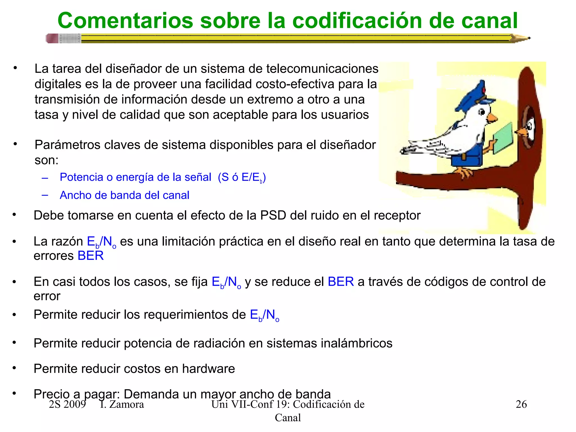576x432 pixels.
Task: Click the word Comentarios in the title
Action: click(125, 21)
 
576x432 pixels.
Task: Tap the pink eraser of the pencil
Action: click(52, 38)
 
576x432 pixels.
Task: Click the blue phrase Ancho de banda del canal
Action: click(124, 195)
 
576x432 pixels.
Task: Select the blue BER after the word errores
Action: click(91, 256)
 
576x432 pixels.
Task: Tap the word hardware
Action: click(208, 369)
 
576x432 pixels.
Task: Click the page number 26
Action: click(521, 404)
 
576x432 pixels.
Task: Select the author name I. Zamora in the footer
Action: click(122, 404)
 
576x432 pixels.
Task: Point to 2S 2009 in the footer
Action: click(67, 404)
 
